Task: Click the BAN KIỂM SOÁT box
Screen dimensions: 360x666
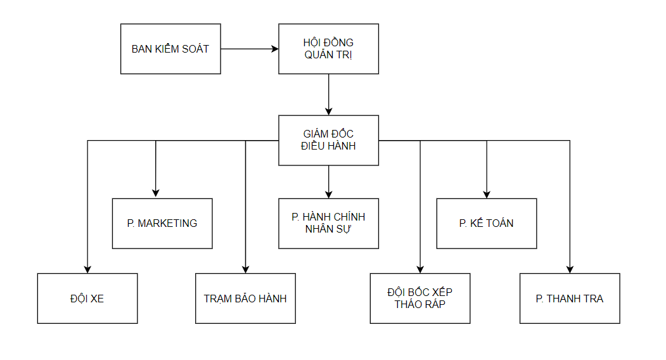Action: click(x=170, y=49)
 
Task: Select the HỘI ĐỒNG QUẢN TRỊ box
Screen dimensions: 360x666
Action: click(x=328, y=49)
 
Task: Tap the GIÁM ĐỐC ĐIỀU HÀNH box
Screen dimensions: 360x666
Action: click(x=328, y=140)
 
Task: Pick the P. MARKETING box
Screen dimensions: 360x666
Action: click(x=162, y=223)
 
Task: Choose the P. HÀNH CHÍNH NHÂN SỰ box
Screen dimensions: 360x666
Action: click(x=328, y=223)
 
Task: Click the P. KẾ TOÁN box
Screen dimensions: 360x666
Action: click(x=486, y=223)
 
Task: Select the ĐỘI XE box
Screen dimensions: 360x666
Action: click(x=87, y=299)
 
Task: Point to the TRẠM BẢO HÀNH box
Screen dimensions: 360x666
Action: click(x=245, y=299)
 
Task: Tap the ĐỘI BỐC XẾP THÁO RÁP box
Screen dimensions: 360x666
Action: click(x=420, y=299)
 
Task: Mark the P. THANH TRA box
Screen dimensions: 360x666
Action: click(x=570, y=299)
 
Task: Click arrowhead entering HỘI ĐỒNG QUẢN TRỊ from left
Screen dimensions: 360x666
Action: click(x=275, y=49)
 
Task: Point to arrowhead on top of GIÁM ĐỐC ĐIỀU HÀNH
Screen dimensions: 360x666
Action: click(x=328, y=111)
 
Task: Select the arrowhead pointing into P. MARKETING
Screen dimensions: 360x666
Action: click(x=156, y=194)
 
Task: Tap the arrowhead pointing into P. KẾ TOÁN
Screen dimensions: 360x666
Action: click(x=487, y=194)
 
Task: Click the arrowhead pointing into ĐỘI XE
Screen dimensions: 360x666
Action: click(x=87, y=269)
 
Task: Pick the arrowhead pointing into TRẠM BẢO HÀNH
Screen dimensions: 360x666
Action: click(x=245, y=269)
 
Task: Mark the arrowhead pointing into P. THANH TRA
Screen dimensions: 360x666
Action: click(x=570, y=269)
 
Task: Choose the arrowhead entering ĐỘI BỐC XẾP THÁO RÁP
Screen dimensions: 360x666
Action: click(x=420, y=269)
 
